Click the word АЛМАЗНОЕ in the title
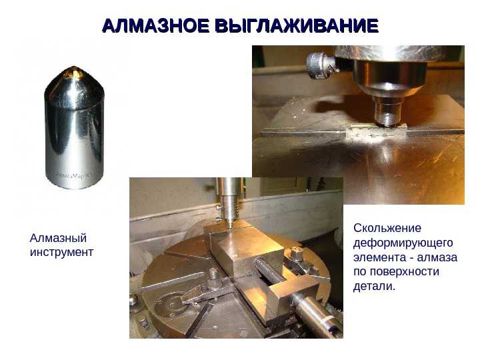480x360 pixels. (x=156, y=26)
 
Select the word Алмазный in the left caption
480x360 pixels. (x=58, y=239)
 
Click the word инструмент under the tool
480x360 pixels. (x=61, y=252)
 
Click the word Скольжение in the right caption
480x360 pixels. (x=387, y=228)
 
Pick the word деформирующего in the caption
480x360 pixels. (x=403, y=243)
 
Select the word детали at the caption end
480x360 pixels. (x=373, y=286)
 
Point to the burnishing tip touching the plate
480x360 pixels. (x=387, y=123)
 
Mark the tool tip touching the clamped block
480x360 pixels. (x=229, y=226)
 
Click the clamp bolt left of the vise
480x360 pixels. (x=213, y=279)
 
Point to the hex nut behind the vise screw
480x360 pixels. (x=296, y=255)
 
